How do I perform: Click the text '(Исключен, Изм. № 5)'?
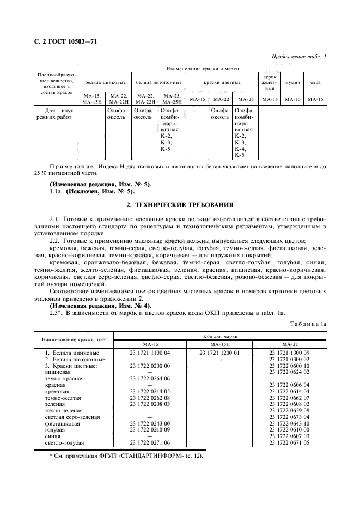pyautogui.click(x=99, y=191)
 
